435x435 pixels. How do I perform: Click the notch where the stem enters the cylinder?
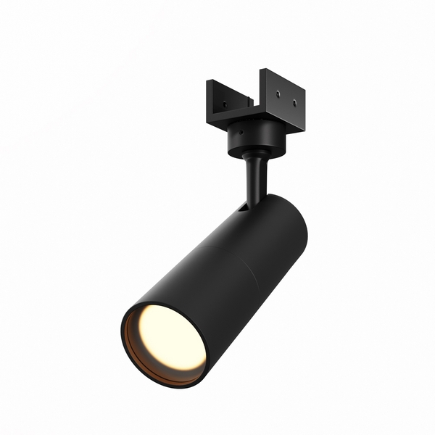[242, 208]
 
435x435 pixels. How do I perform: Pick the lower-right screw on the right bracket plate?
[294, 104]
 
